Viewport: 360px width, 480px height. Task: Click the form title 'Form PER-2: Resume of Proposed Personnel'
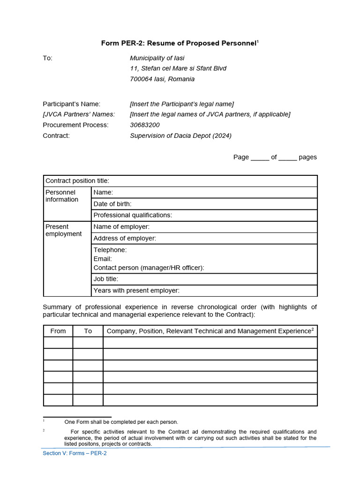click(x=180, y=43)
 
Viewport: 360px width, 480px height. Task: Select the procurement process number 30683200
click(x=144, y=125)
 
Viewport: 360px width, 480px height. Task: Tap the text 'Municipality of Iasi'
click(x=157, y=58)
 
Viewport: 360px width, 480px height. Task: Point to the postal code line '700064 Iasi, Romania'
click(x=162, y=79)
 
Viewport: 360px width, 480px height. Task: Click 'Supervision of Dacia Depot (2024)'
click(x=180, y=136)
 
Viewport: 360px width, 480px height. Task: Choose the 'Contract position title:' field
click(x=180, y=181)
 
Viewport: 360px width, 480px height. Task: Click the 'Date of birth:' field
click(x=204, y=204)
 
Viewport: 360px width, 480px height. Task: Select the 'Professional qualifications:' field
click(x=204, y=215)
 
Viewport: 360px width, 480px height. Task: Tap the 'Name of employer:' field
click(x=204, y=227)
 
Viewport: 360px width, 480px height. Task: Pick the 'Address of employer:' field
click(x=204, y=239)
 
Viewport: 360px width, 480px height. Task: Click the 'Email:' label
click(x=103, y=259)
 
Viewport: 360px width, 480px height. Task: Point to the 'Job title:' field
click(x=204, y=279)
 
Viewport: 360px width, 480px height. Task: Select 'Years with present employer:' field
click(x=204, y=291)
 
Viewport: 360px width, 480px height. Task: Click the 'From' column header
click(x=58, y=331)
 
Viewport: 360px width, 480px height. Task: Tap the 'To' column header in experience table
click(x=88, y=331)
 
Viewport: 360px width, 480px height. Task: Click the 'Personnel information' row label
click(x=62, y=196)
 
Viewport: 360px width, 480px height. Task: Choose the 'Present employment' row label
click(x=63, y=230)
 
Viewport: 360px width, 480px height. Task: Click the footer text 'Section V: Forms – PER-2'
click(x=75, y=453)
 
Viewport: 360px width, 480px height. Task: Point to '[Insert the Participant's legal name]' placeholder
click(x=182, y=104)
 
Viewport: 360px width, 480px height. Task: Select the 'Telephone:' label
click(x=110, y=250)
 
